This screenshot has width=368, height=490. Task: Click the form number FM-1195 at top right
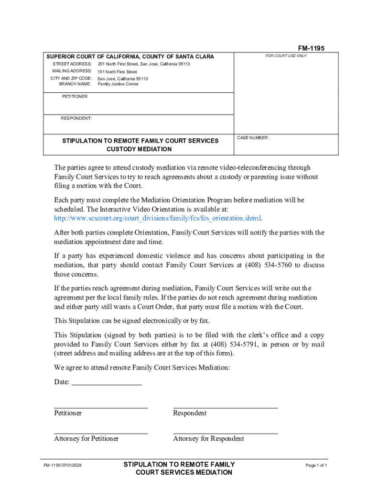click(311, 48)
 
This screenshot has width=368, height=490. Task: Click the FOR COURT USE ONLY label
click(286, 56)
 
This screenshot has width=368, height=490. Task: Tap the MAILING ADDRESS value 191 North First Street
click(117, 72)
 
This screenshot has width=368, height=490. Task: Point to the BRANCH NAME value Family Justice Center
click(118, 84)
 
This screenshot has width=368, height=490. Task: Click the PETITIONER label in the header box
click(75, 97)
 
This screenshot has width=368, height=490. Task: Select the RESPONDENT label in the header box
click(76, 118)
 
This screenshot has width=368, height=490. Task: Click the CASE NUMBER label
click(253, 138)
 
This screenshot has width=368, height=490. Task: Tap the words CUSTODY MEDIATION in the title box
click(139, 149)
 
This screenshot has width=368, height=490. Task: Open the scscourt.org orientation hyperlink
click(158, 219)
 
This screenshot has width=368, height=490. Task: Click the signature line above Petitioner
click(101, 407)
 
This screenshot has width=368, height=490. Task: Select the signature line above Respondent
click(225, 407)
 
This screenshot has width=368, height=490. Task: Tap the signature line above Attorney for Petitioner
click(101, 433)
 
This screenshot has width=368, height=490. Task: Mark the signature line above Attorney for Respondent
click(225, 433)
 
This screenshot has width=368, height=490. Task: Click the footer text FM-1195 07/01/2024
click(63, 466)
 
